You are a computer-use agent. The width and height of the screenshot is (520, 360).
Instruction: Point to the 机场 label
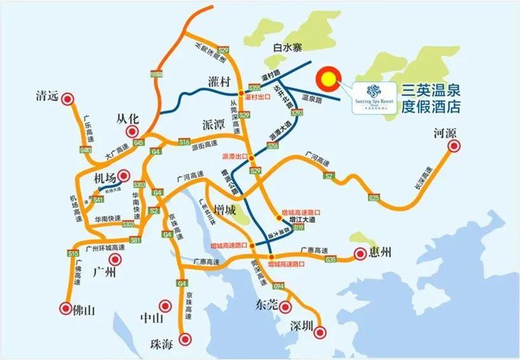[102, 177]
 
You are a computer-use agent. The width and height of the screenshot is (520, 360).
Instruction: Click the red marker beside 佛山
[66, 310]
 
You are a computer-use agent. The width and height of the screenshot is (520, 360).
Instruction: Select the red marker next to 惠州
[360, 254]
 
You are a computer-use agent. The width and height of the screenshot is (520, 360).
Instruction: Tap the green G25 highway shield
[374, 198]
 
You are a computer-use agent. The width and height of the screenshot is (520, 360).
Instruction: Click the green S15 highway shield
[72, 254]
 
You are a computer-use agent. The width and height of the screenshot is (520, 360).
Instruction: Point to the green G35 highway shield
[330, 259]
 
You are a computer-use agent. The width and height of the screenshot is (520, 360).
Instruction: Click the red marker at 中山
[166, 305]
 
